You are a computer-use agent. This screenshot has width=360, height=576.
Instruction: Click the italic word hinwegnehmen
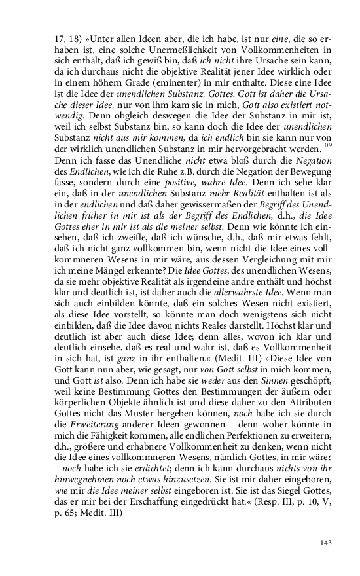tap(84, 472)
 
